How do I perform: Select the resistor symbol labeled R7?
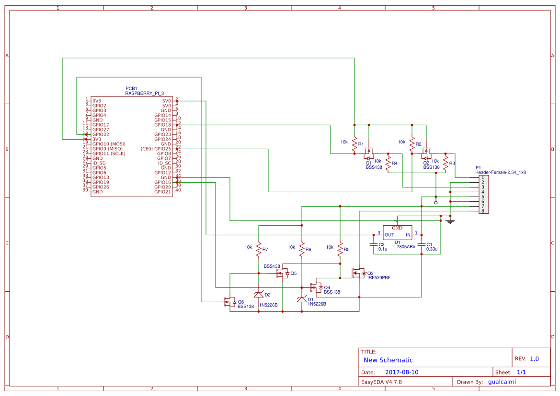[259, 249]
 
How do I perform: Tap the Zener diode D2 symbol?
[259, 294]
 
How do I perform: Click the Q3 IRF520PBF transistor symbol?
[358, 273]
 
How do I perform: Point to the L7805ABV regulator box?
[397, 233]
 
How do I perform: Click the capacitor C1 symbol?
[421, 244]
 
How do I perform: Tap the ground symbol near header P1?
[450, 220]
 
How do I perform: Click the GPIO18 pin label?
[162, 125]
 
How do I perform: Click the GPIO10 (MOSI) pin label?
[109, 144]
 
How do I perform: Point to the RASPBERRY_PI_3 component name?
[145, 94]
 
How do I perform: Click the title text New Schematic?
[388, 360]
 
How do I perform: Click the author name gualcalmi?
[505, 382]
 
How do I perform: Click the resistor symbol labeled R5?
[340, 249]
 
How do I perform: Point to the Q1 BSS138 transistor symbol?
[369, 153]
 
